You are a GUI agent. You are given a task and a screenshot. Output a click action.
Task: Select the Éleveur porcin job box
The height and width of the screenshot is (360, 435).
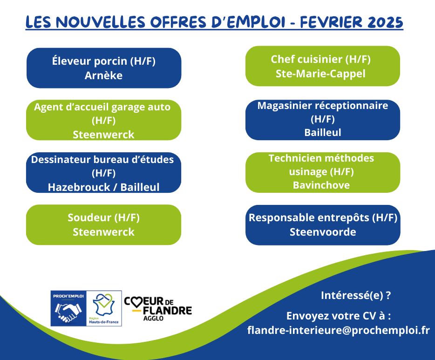coord(104,68)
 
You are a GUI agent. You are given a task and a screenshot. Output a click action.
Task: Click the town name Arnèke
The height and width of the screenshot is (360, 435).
coord(103,75)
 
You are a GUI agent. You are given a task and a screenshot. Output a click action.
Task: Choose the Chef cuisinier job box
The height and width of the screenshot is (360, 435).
coord(323,66)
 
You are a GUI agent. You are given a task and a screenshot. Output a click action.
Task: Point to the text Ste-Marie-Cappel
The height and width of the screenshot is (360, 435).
coord(320,74)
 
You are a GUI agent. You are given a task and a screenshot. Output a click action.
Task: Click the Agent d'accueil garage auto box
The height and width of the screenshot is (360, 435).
coord(103,120)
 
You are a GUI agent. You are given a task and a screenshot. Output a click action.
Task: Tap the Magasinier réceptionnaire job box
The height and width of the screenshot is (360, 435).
coord(323,120)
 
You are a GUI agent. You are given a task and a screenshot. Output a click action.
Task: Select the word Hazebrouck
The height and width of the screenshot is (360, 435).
coord(79,187)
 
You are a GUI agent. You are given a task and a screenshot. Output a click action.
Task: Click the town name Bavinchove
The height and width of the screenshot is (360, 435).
coord(321,185)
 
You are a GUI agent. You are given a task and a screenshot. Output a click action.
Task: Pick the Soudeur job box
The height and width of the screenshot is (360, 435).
coord(103,224)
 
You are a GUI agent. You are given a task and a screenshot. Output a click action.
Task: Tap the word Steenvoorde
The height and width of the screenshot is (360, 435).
coord(323,232)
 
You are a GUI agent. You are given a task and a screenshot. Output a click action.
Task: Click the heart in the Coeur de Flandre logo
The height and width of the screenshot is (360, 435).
coord(136,301)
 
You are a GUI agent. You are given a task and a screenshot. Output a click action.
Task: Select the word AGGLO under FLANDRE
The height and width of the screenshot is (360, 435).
coord(153,318)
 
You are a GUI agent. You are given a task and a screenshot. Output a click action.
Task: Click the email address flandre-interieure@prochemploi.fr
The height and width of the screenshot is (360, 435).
coord(339,330)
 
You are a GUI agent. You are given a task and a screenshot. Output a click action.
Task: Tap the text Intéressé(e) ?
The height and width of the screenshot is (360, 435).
coord(356,296)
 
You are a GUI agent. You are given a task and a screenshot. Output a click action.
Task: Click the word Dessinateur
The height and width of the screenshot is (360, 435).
coord(61,159)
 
